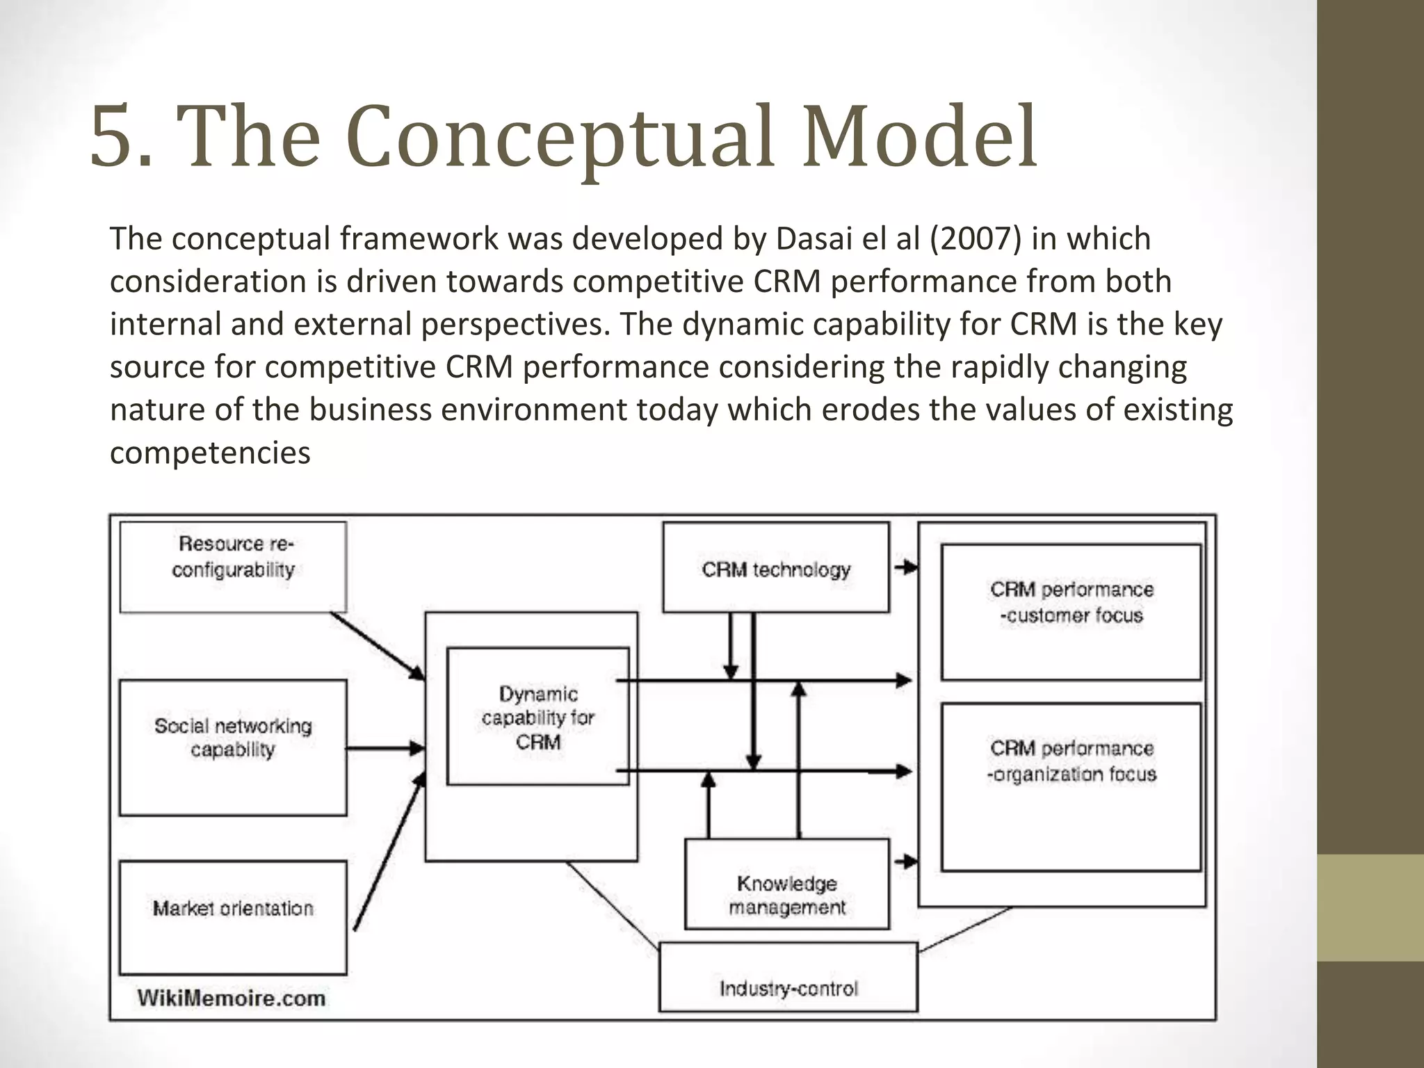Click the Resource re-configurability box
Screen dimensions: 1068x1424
tap(233, 567)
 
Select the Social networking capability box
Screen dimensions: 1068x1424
tap(233, 747)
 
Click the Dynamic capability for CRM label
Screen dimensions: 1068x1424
tap(537, 717)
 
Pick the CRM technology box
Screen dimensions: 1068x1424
tap(775, 568)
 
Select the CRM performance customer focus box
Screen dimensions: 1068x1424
tap(1071, 611)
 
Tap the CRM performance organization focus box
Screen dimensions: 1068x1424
tap(1071, 786)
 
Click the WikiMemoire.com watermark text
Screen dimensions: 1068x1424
tap(232, 998)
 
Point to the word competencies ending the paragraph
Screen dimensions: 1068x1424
tap(210, 453)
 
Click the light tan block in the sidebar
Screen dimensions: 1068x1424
tap(1370, 907)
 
